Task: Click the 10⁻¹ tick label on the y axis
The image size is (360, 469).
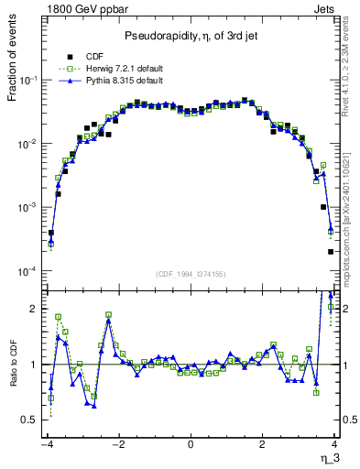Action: pyautogui.click(x=30, y=81)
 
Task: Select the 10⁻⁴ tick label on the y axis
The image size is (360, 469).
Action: pyautogui.click(x=30, y=272)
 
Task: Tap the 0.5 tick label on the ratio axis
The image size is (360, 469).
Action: pyautogui.click(x=30, y=420)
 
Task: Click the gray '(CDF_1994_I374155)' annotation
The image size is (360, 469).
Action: pyautogui.click(x=191, y=274)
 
